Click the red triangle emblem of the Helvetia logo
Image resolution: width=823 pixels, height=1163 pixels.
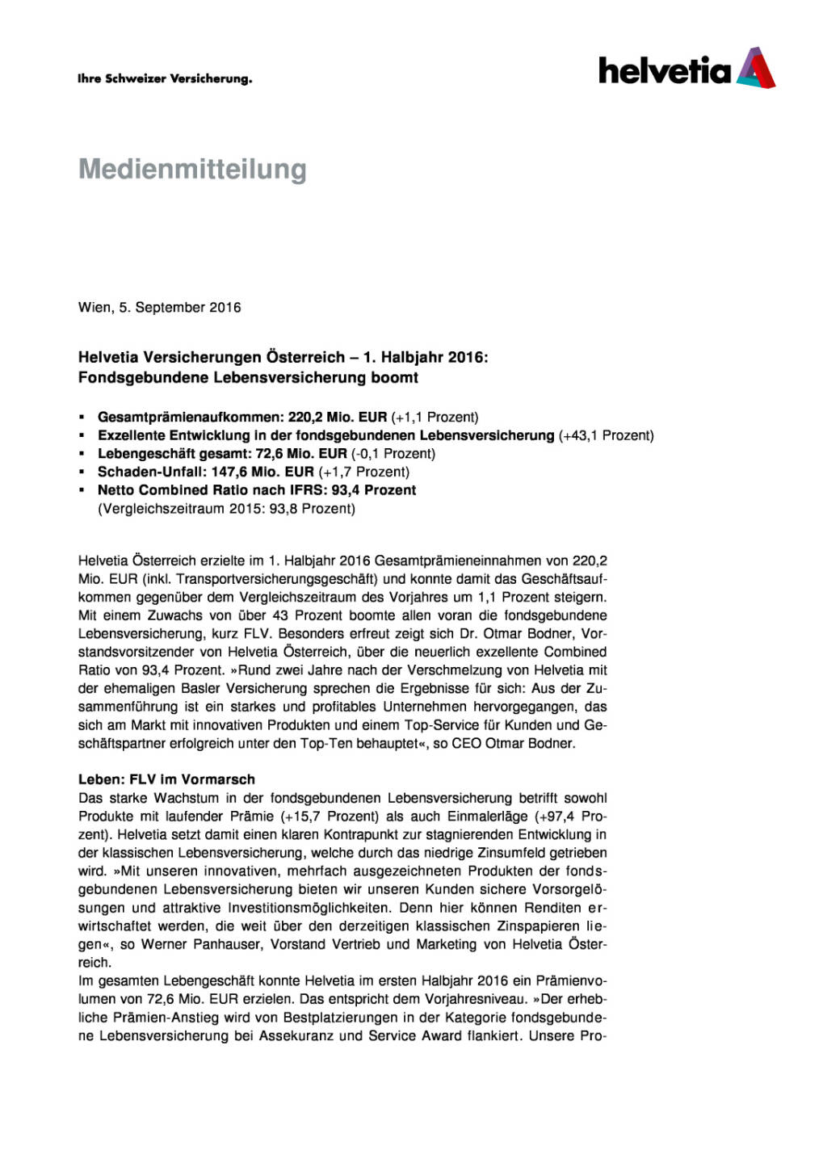click(757, 68)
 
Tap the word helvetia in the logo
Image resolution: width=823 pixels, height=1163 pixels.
click(664, 70)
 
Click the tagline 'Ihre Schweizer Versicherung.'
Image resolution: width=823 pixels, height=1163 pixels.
click(165, 79)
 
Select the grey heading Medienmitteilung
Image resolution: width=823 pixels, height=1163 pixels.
click(192, 170)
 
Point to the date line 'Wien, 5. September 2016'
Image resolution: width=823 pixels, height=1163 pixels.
click(159, 308)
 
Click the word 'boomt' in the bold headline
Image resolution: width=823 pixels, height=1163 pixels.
click(394, 378)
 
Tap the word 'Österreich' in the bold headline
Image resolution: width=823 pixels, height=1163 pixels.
click(308, 357)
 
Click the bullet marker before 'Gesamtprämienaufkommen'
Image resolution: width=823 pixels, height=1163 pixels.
click(82, 418)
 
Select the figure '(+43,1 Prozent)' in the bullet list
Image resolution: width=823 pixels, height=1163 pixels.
click(606, 436)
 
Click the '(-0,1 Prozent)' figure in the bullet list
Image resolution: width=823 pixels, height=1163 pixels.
click(393, 454)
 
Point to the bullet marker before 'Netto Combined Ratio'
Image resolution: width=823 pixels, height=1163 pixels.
click(82, 490)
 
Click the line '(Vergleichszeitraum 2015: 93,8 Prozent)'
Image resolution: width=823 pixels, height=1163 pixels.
click(226, 509)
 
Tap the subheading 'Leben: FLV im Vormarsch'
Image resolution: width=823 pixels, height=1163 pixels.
click(166, 780)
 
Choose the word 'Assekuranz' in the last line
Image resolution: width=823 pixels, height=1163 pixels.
click(295, 1036)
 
